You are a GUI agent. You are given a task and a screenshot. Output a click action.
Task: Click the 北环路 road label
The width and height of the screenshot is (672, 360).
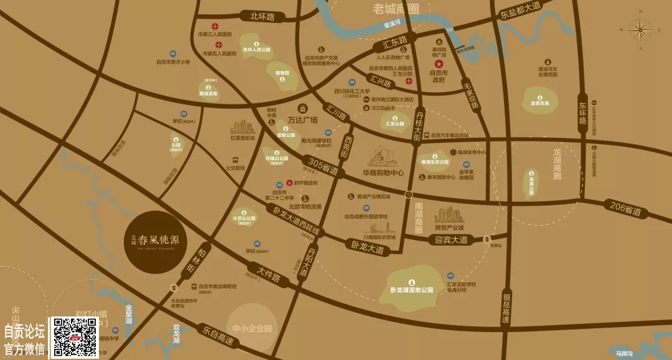point(262,17)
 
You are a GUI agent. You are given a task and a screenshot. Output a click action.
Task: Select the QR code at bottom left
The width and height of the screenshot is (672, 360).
point(73,338)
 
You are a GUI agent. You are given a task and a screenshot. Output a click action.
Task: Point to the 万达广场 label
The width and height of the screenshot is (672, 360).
point(303,119)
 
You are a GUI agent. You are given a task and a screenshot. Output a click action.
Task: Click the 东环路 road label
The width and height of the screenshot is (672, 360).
point(582,113)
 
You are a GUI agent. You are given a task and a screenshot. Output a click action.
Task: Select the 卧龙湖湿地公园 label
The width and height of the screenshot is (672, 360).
point(411,290)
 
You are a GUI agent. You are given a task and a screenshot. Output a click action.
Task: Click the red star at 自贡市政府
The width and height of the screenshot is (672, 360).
point(438,64)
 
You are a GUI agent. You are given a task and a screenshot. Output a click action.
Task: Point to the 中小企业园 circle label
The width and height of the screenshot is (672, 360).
point(252,328)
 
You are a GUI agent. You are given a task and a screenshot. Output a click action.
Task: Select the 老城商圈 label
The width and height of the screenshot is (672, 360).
point(396,9)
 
